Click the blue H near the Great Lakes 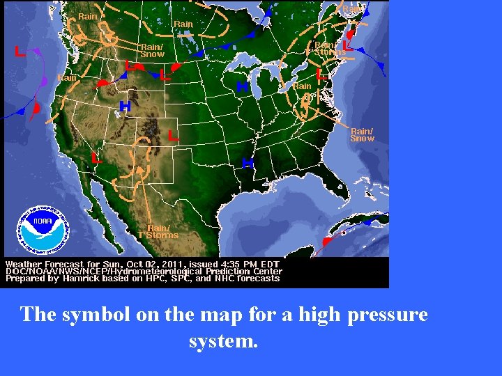[242, 87]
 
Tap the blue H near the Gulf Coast [247, 163]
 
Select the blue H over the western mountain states [125, 107]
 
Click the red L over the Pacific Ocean [20, 51]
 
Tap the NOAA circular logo [44, 230]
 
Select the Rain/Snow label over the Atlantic [362, 134]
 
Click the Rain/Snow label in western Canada [152, 50]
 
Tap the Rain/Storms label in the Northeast [329, 48]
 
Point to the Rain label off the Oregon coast [67, 78]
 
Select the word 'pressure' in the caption [387, 315]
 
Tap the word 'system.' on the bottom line [223, 342]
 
